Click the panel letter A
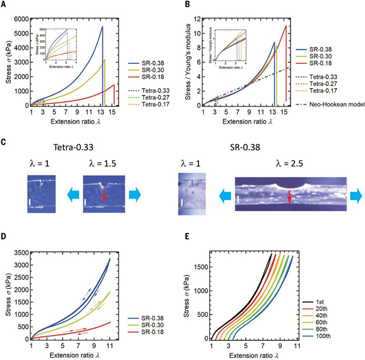5,5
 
